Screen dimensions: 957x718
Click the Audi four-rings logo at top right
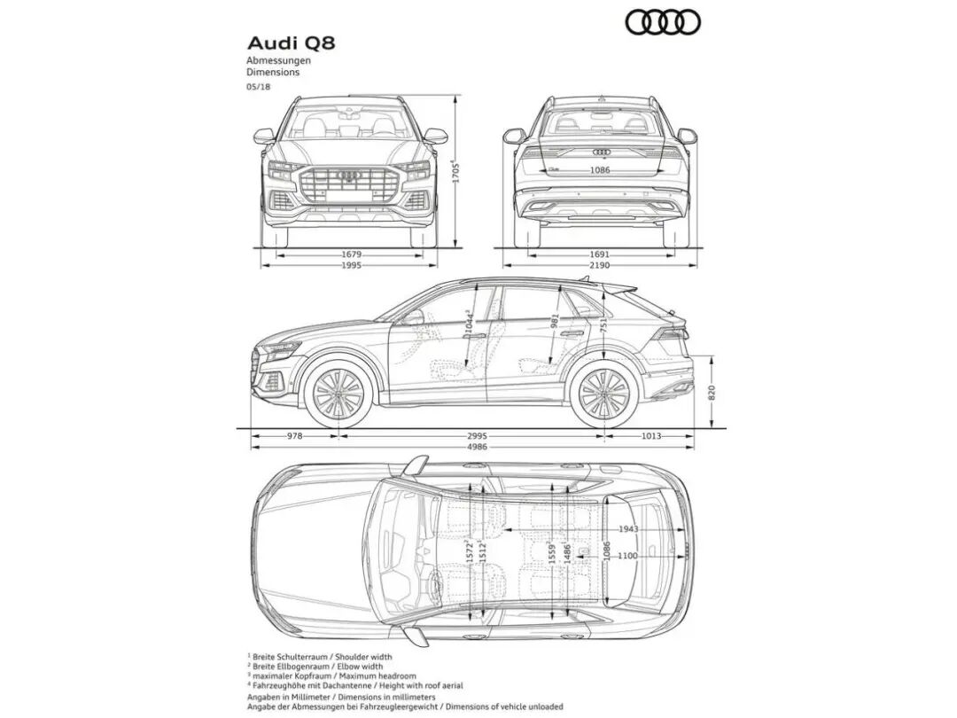(663, 22)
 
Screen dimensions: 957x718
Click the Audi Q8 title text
(291, 43)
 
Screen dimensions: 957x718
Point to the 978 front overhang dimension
(294, 435)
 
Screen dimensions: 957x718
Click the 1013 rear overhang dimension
(651, 435)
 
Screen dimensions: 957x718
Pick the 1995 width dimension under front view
(352, 264)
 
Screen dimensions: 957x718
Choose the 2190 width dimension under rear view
(600, 264)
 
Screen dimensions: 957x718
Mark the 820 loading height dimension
(712, 392)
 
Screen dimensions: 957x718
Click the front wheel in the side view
(338, 394)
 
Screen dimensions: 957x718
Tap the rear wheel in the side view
(604, 394)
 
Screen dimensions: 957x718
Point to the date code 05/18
(259, 87)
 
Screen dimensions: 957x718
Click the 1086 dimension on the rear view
(600, 169)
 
